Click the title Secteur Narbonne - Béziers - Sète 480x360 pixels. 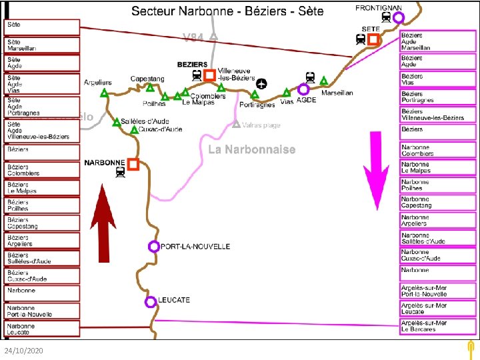coord(227,11)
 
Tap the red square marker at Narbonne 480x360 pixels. coord(133,164)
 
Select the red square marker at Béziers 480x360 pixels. coord(210,75)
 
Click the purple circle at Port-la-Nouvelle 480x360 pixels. coord(154,247)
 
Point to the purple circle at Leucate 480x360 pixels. coord(151,301)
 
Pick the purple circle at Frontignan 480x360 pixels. coord(399,18)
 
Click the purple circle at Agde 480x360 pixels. coord(303,89)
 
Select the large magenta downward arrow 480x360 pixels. coord(377,170)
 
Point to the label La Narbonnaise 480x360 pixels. coord(251,149)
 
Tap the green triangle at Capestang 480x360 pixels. coord(151,87)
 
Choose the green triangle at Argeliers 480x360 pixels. coord(104,95)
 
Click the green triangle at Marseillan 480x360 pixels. coord(324,81)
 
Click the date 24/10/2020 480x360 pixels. coord(23,350)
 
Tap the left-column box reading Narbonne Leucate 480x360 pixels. coord(41,329)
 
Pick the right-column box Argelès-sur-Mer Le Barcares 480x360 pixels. coord(438,326)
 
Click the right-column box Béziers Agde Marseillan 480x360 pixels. coord(438,42)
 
